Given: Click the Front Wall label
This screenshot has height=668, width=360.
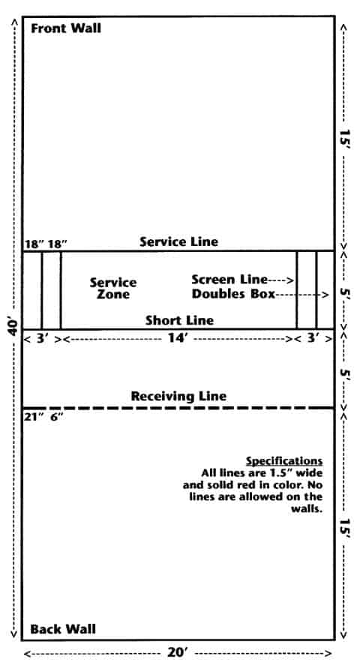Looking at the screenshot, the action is pyautogui.click(x=66, y=28).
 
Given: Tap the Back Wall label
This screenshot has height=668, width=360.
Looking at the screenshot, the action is pyautogui.click(x=63, y=629).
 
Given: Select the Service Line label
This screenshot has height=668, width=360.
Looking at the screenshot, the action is pyautogui.click(x=179, y=242).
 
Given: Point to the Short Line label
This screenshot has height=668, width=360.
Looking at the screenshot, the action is pyautogui.click(x=179, y=320).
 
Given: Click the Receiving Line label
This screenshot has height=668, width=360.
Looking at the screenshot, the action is pyautogui.click(x=178, y=396).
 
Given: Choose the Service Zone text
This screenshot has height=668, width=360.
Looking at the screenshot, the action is pyautogui.click(x=113, y=289).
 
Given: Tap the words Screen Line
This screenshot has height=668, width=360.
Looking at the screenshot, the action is pyautogui.click(x=229, y=280).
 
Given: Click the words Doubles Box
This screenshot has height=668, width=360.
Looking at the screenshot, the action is pyautogui.click(x=233, y=294).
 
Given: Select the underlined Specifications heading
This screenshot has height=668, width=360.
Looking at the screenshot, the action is pyautogui.click(x=284, y=461).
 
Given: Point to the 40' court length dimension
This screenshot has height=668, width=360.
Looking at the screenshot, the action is pyautogui.click(x=13, y=326).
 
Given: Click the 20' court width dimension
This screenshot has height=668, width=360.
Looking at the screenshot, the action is pyautogui.click(x=178, y=653).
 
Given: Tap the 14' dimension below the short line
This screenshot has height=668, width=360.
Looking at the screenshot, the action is pyautogui.click(x=178, y=339).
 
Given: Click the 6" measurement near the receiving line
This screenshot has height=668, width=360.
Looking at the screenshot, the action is pyautogui.click(x=57, y=417).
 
